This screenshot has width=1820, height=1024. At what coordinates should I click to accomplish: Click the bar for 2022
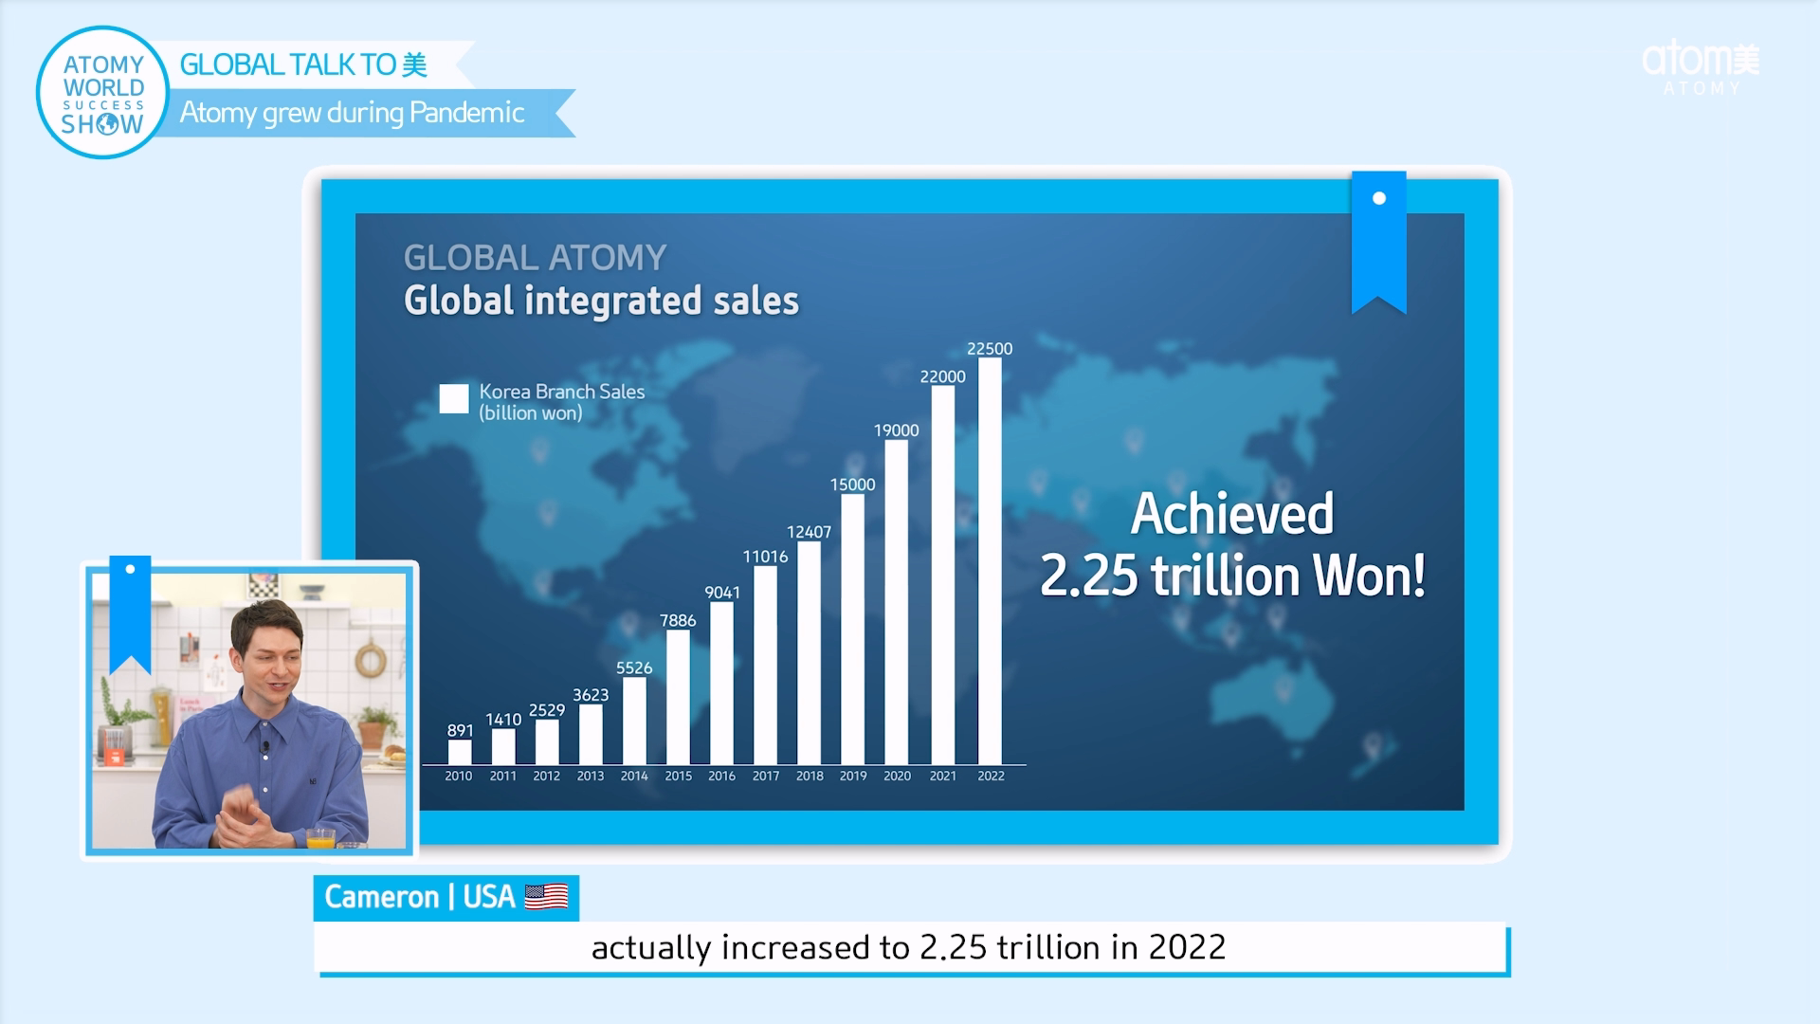click(990, 561)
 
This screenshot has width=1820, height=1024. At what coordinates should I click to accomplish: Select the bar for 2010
click(460, 752)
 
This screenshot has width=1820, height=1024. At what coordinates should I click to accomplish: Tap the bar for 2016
click(721, 683)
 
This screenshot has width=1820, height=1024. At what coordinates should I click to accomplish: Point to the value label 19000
click(896, 430)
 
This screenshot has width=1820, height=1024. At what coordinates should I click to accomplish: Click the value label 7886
click(678, 621)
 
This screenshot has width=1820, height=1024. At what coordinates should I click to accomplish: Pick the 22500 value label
click(990, 349)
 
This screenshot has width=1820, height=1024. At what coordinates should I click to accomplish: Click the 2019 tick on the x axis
click(853, 776)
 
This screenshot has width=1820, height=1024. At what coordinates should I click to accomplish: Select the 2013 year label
click(591, 776)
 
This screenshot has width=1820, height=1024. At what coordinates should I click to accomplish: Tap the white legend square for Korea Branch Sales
click(454, 398)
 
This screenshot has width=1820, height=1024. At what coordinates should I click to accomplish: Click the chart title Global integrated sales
click(601, 301)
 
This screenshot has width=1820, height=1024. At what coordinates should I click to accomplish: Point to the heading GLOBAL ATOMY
click(535, 258)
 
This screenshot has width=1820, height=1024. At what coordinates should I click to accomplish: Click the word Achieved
click(1231, 514)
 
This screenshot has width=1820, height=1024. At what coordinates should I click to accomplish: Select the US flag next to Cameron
click(546, 897)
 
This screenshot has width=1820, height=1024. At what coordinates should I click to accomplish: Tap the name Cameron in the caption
click(381, 897)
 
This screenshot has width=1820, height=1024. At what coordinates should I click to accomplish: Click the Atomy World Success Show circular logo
click(102, 93)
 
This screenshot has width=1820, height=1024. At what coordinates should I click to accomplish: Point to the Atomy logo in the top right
click(1701, 66)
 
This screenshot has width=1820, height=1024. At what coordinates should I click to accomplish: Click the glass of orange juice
click(320, 838)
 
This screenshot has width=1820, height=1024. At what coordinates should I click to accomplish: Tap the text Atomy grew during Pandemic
click(352, 113)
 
